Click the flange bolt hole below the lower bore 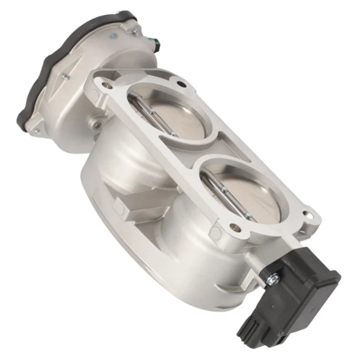click(233, 227)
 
